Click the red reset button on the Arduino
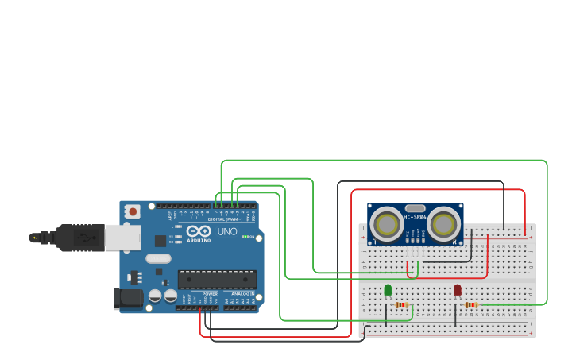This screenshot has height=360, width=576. [x=133, y=211]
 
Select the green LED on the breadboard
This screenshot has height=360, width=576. [x=388, y=291]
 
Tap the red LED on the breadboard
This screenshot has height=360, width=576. [x=458, y=291]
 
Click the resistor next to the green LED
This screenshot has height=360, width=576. [x=402, y=304]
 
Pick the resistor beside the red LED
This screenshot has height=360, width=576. [x=471, y=304]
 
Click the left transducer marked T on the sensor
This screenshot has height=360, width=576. [x=387, y=224]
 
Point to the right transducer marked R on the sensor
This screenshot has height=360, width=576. [x=443, y=224]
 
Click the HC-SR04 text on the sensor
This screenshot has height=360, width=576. [x=415, y=217]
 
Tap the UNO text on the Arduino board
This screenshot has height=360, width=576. [x=227, y=232]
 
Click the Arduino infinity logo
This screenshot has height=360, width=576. [x=199, y=231]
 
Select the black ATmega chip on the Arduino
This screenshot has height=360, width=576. [x=217, y=279]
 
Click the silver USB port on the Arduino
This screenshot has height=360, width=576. [x=123, y=237]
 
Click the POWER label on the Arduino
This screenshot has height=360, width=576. [x=210, y=294]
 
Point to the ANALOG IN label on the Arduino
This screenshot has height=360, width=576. [x=242, y=294]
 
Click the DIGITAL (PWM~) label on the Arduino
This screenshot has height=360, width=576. [x=225, y=219]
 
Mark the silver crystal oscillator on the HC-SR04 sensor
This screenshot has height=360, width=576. [x=415, y=208]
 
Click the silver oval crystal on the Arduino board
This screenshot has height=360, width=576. [x=158, y=258]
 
